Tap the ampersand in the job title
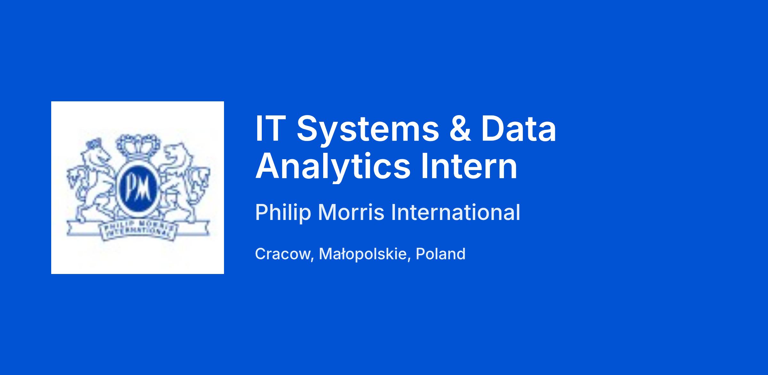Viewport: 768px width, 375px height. tap(460, 128)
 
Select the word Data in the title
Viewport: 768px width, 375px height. tap(518, 128)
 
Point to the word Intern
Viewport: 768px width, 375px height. tap(469, 166)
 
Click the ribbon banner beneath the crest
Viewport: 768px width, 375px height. tap(138, 230)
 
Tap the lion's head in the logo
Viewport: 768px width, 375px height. tap(178, 155)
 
